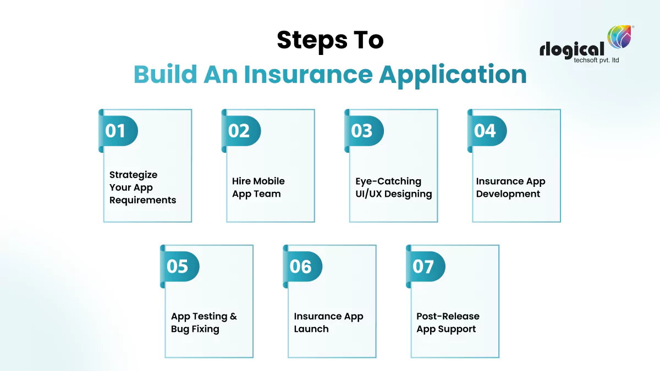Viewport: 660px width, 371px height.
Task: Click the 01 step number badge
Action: click(117, 131)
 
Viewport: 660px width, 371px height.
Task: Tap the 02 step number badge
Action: click(240, 131)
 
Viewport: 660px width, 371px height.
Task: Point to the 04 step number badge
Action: click(486, 131)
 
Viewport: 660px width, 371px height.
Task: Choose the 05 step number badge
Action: click(179, 267)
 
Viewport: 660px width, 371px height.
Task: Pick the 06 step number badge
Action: click(302, 267)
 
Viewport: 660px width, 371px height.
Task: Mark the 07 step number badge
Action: click(425, 267)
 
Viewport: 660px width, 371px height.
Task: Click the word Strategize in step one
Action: click(133, 175)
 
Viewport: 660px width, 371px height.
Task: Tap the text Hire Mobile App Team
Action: click(258, 187)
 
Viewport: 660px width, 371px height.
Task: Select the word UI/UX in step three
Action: click(370, 194)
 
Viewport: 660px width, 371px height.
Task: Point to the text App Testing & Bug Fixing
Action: click(204, 323)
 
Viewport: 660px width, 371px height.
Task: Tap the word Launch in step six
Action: click(311, 329)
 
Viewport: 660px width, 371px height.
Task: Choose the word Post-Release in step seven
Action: click(448, 317)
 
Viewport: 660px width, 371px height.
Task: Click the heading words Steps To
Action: click(330, 40)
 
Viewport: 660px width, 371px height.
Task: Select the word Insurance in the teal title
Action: click(309, 74)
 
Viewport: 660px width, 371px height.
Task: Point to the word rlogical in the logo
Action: click(572, 49)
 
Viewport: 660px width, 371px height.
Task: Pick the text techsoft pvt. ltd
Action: click(596, 60)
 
